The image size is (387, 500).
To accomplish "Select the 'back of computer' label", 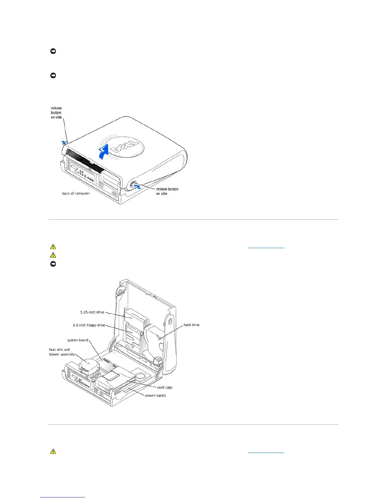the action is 76,193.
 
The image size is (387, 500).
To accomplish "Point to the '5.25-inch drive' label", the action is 92,312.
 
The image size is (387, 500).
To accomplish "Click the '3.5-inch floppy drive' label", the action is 89,325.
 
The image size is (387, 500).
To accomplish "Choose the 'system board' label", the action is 77,340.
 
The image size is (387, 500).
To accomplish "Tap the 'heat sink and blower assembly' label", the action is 62,352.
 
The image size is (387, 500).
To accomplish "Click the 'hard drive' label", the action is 192,325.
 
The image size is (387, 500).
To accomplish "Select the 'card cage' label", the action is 165,387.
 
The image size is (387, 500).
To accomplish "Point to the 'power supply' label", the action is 156,396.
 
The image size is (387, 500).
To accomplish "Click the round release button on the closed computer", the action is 132,184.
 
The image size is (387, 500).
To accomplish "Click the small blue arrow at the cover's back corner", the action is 64,143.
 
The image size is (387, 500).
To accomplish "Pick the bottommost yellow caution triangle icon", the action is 53,452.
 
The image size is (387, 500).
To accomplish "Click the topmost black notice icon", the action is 53,51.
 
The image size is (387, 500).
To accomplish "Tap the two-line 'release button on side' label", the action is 167,191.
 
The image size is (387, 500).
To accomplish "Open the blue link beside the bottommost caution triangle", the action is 266,452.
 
